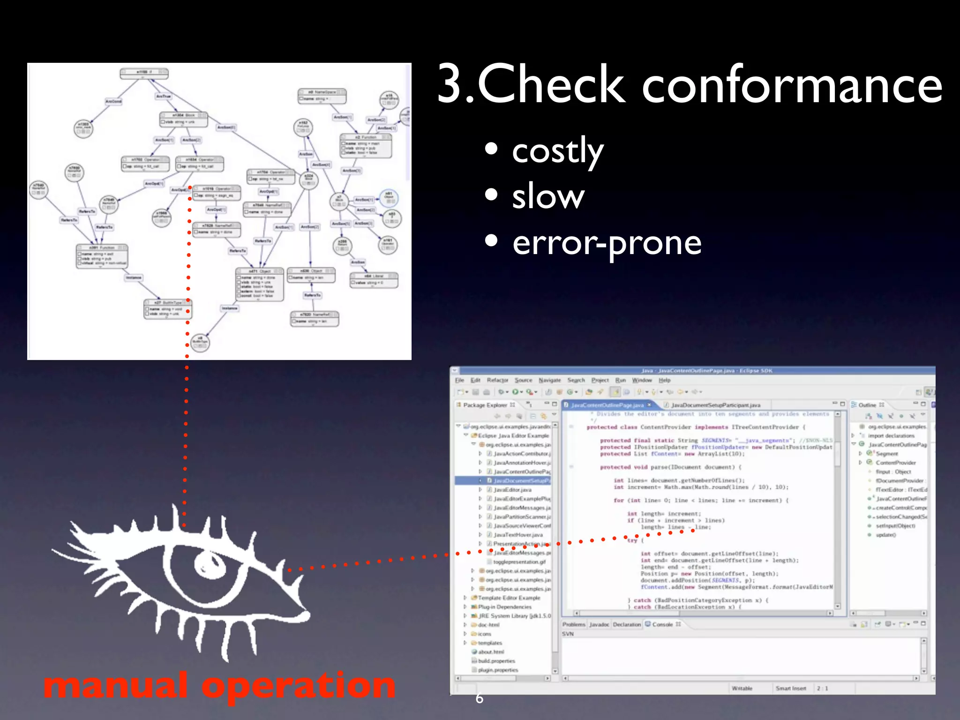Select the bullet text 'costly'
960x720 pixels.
pyautogui.click(x=557, y=151)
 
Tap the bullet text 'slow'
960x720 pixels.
pyautogui.click(x=548, y=196)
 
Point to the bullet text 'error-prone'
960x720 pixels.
pyautogui.click(x=607, y=243)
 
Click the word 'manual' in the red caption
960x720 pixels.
pyautogui.click(x=115, y=685)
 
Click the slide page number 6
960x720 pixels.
pyautogui.click(x=479, y=698)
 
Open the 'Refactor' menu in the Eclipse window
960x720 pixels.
pyautogui.click(x=497, y=380)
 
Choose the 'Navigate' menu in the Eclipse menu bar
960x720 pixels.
pyautogui.click(x=549, y=380)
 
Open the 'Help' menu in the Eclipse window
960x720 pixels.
pyautogui.click(x=664, y=380)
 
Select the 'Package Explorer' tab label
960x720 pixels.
pyautogui.click(x=485, y=405)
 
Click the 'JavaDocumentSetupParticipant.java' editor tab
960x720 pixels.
pyautogui.click(x=715, y=405)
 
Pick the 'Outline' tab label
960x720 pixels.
pyautogui.click(x=867, y=405)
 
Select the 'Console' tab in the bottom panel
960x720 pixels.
pyautogui.click(x=662, y=624)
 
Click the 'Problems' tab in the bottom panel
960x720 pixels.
pyautogui.click(x=574, y=624)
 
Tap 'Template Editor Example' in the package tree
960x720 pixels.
pyautogui.click(x=509, y=598)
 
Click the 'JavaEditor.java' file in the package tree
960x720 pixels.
pyautogui.click(x=512, y=490)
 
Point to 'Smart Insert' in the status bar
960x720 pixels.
pyautogui.click(x=791, y=688)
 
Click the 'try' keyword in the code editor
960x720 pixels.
pyautogui.click(x=632, y=540)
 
